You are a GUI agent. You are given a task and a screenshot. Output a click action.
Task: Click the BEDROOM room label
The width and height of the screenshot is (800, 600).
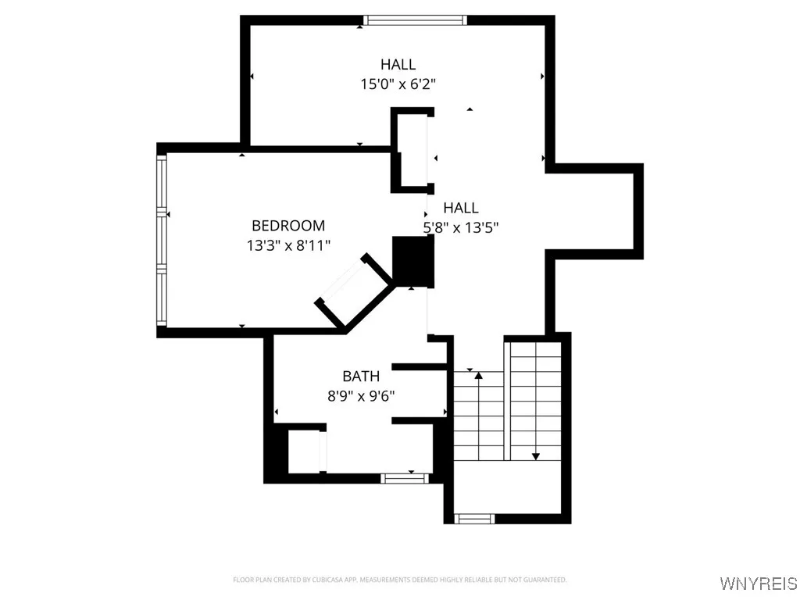(x=287, y=226)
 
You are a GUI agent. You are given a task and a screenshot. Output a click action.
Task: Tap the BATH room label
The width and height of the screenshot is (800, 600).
(x=361, y=377)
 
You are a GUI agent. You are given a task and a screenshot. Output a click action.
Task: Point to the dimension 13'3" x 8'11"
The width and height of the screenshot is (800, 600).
(x=287, y=245)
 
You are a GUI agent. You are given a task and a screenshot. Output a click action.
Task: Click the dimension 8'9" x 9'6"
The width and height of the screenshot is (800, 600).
(x=361, y=396)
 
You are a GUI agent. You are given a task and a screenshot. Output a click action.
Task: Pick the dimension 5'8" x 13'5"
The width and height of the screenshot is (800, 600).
(x=461, y=227)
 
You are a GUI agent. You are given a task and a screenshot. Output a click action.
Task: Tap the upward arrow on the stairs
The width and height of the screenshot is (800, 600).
(x=478, y=377)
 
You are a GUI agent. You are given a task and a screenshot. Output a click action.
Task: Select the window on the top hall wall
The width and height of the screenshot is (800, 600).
(x=415, y=20)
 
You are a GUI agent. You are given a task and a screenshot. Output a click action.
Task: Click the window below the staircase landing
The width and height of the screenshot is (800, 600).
(x=475, y=518)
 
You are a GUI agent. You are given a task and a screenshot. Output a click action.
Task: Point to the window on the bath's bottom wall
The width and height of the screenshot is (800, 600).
(x=405, y=477)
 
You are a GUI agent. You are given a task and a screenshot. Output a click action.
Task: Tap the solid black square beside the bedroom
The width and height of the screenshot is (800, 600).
(x=412, y=262)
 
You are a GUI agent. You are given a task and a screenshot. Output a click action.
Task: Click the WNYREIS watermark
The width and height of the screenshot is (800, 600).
(x=759, y=584)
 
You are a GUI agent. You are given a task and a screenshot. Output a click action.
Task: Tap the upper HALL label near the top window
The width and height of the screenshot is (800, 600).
(x=398, y=64)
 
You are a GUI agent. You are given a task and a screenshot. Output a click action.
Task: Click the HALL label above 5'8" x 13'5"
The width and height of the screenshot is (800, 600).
(x=461, y=208)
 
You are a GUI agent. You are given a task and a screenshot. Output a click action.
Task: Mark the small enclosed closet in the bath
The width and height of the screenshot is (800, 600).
(x=304, y=452)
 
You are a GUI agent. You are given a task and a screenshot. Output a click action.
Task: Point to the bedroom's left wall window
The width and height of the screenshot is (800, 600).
(x=162, y=241)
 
